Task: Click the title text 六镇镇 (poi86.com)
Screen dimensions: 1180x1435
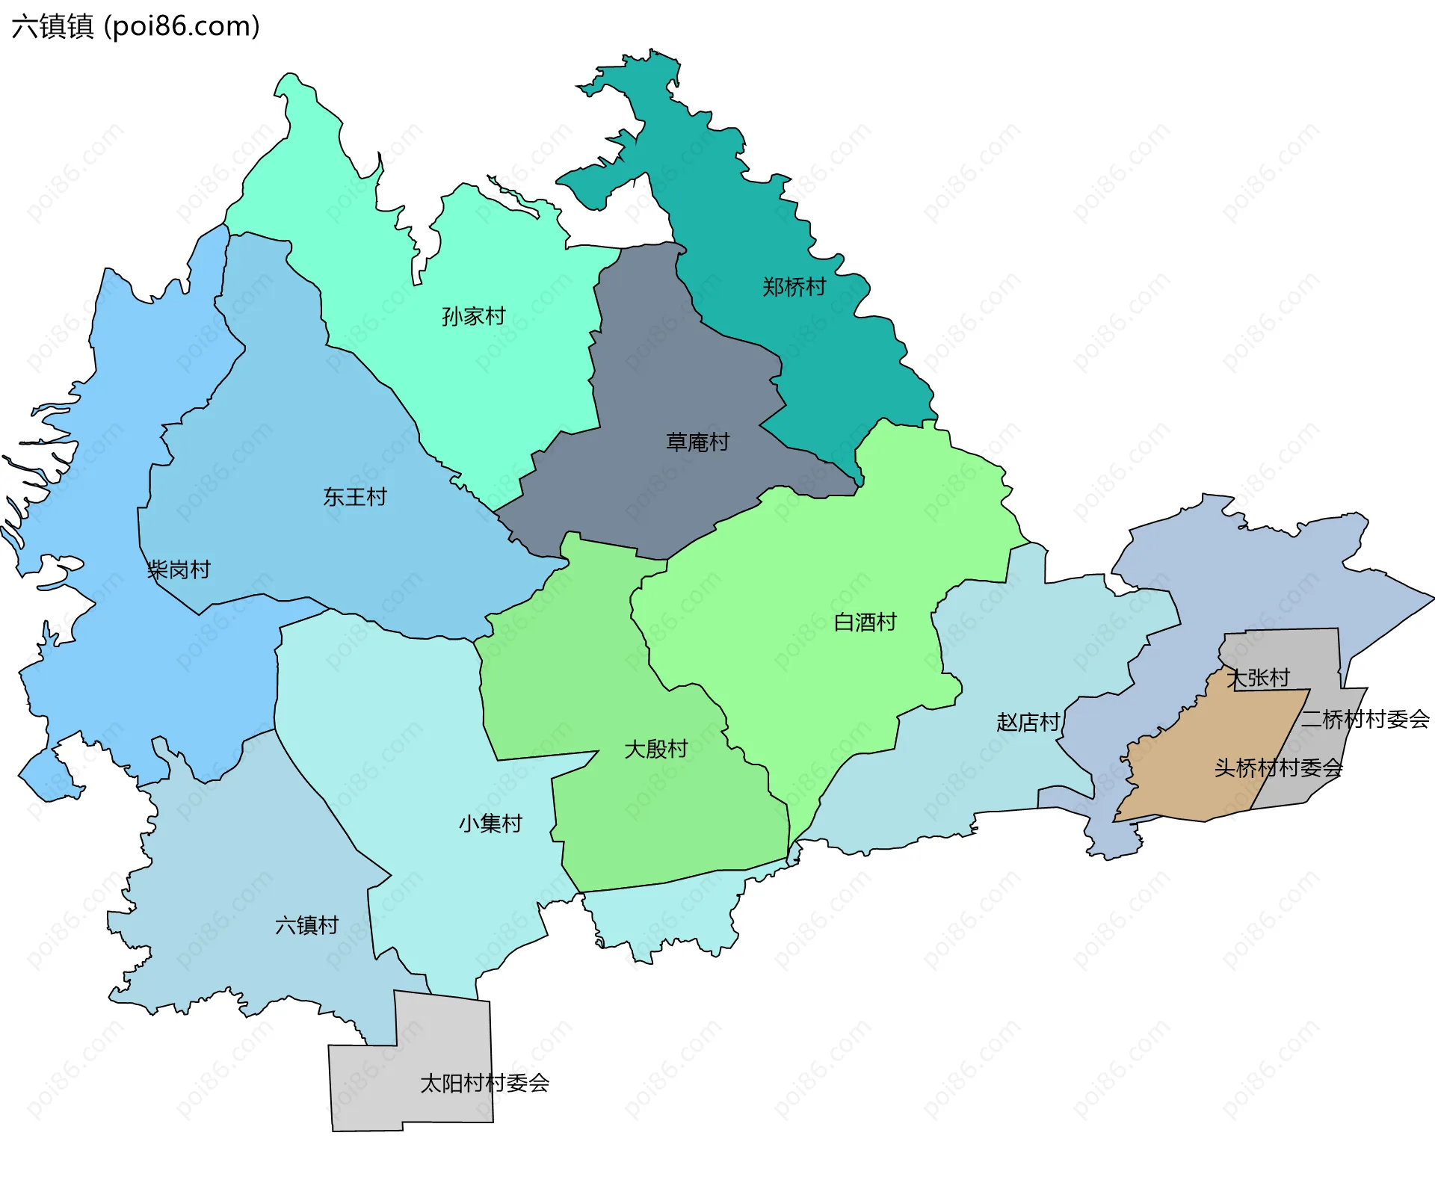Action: point(135,26)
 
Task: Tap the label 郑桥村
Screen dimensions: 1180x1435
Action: point(794,287)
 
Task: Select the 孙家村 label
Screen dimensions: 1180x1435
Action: point(473,316)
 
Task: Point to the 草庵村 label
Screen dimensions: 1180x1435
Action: point(697,442)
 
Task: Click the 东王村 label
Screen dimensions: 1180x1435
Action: point(355,496)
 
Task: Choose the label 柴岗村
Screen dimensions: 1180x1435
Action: point(179,569)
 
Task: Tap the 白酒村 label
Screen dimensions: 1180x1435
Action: point(865,622)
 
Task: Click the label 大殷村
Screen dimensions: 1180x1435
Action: point(655,749)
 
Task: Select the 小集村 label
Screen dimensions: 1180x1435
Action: point(490,824)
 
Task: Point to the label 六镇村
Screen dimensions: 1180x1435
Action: point(306,925)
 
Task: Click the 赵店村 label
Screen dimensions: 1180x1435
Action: point(1028,722)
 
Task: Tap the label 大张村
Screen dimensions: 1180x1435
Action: point(1259,678)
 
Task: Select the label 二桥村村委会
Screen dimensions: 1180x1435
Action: point(1365,719)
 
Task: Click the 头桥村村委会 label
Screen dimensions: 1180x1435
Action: point(1278,767)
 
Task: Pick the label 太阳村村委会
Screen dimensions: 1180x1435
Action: point(484,1083)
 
